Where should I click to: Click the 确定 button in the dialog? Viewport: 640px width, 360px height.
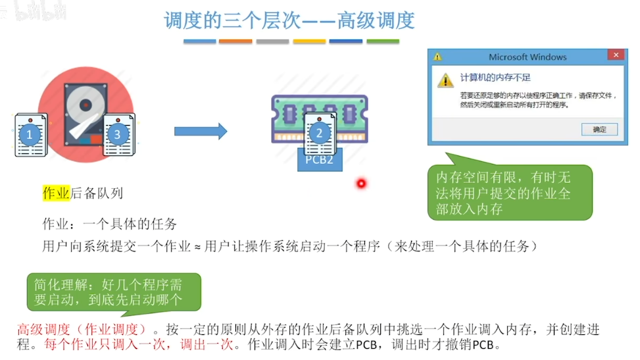pos(599,129)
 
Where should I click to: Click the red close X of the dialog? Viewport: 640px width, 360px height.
pos(615,56)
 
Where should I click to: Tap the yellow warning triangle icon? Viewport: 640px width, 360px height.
pos(447,80)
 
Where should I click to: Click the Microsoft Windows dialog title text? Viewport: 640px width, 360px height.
pos(528,57)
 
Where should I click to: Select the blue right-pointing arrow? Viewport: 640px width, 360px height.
pos(201,131)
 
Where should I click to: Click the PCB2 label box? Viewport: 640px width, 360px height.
pos(320,160)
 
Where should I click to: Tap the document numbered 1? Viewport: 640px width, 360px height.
pos(30,135)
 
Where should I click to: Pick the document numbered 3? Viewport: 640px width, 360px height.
pos(118,136)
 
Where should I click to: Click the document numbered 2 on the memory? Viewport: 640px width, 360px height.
pos(320,133)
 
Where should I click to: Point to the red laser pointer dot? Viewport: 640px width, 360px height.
pos(360,183)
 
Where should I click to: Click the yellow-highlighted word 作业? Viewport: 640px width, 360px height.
pos(56,193)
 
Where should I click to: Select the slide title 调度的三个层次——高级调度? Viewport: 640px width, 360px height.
pos(289,20)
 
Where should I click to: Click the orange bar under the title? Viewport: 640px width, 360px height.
pos(235,41)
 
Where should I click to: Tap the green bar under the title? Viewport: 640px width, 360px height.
pos(382,41)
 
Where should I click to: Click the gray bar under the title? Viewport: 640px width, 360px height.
pos(272,41)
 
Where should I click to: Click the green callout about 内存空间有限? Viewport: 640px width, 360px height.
pos(510,193)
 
